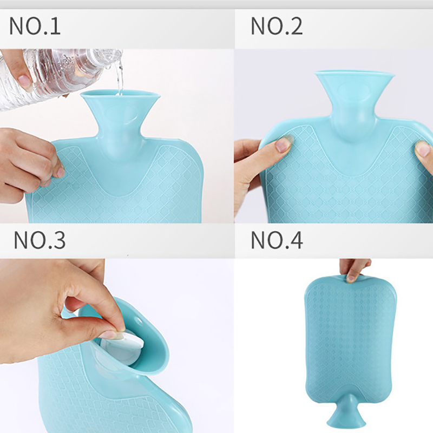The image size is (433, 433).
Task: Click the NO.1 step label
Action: [x=35, y=25]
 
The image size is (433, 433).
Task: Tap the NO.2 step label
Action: [x=277, y=25]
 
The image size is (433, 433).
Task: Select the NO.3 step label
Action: [x=40, y=240]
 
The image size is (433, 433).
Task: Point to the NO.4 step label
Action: [x=277, y=240]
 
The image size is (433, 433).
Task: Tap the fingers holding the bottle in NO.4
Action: [x=355, y=269]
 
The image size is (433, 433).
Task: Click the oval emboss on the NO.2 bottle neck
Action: [x=355, y=90]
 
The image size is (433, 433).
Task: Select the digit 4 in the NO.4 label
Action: [x=295, y=240]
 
